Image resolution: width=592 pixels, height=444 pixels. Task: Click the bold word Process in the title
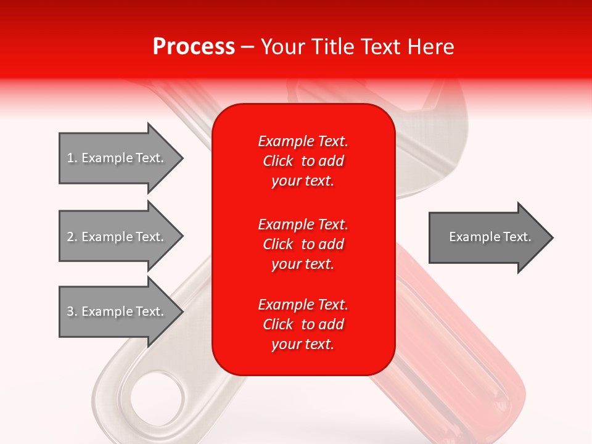194,47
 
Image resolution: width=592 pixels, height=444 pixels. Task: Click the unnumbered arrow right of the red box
487,237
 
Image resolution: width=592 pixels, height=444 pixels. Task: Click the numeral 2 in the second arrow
70,237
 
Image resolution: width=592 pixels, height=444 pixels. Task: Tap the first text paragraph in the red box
303,161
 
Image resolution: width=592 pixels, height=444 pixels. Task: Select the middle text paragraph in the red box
303,244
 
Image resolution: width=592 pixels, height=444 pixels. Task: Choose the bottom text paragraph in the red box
303,324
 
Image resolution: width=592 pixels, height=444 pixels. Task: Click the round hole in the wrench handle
157,395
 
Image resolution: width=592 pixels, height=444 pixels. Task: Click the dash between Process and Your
248,47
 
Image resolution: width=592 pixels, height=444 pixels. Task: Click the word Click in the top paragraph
277,161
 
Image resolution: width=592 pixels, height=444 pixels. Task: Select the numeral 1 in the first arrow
70,158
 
